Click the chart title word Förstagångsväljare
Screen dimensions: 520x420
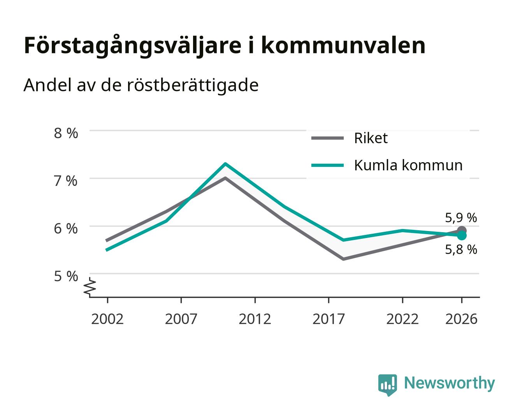tap(133, 46)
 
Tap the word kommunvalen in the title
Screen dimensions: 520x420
tap(343, 45)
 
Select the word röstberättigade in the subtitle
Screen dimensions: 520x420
tap(193, 85)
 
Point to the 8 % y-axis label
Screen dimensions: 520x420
tap(66, 133)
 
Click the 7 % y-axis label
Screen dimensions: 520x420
tap(66, 181)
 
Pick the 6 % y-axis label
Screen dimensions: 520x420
tap(66, 229)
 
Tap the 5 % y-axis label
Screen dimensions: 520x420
tap(66, 276)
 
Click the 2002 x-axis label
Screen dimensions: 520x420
tap(107, 319)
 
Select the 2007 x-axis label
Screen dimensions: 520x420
tap(181, 319)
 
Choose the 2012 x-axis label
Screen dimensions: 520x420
tap(255, 319)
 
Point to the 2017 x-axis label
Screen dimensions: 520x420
tap(329, 319)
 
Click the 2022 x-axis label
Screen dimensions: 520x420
tap(402, 319)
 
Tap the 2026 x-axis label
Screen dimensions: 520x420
tap(461, 319)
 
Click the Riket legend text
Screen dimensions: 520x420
tap(371, 138)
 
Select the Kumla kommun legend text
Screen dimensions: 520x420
tap(408, 165)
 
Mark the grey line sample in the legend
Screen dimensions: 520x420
tap(327, 138)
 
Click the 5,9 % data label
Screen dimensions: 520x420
tap(461, 217)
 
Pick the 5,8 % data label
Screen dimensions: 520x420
tap(461, 249)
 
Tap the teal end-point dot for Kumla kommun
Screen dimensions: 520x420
tap(462, 235)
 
